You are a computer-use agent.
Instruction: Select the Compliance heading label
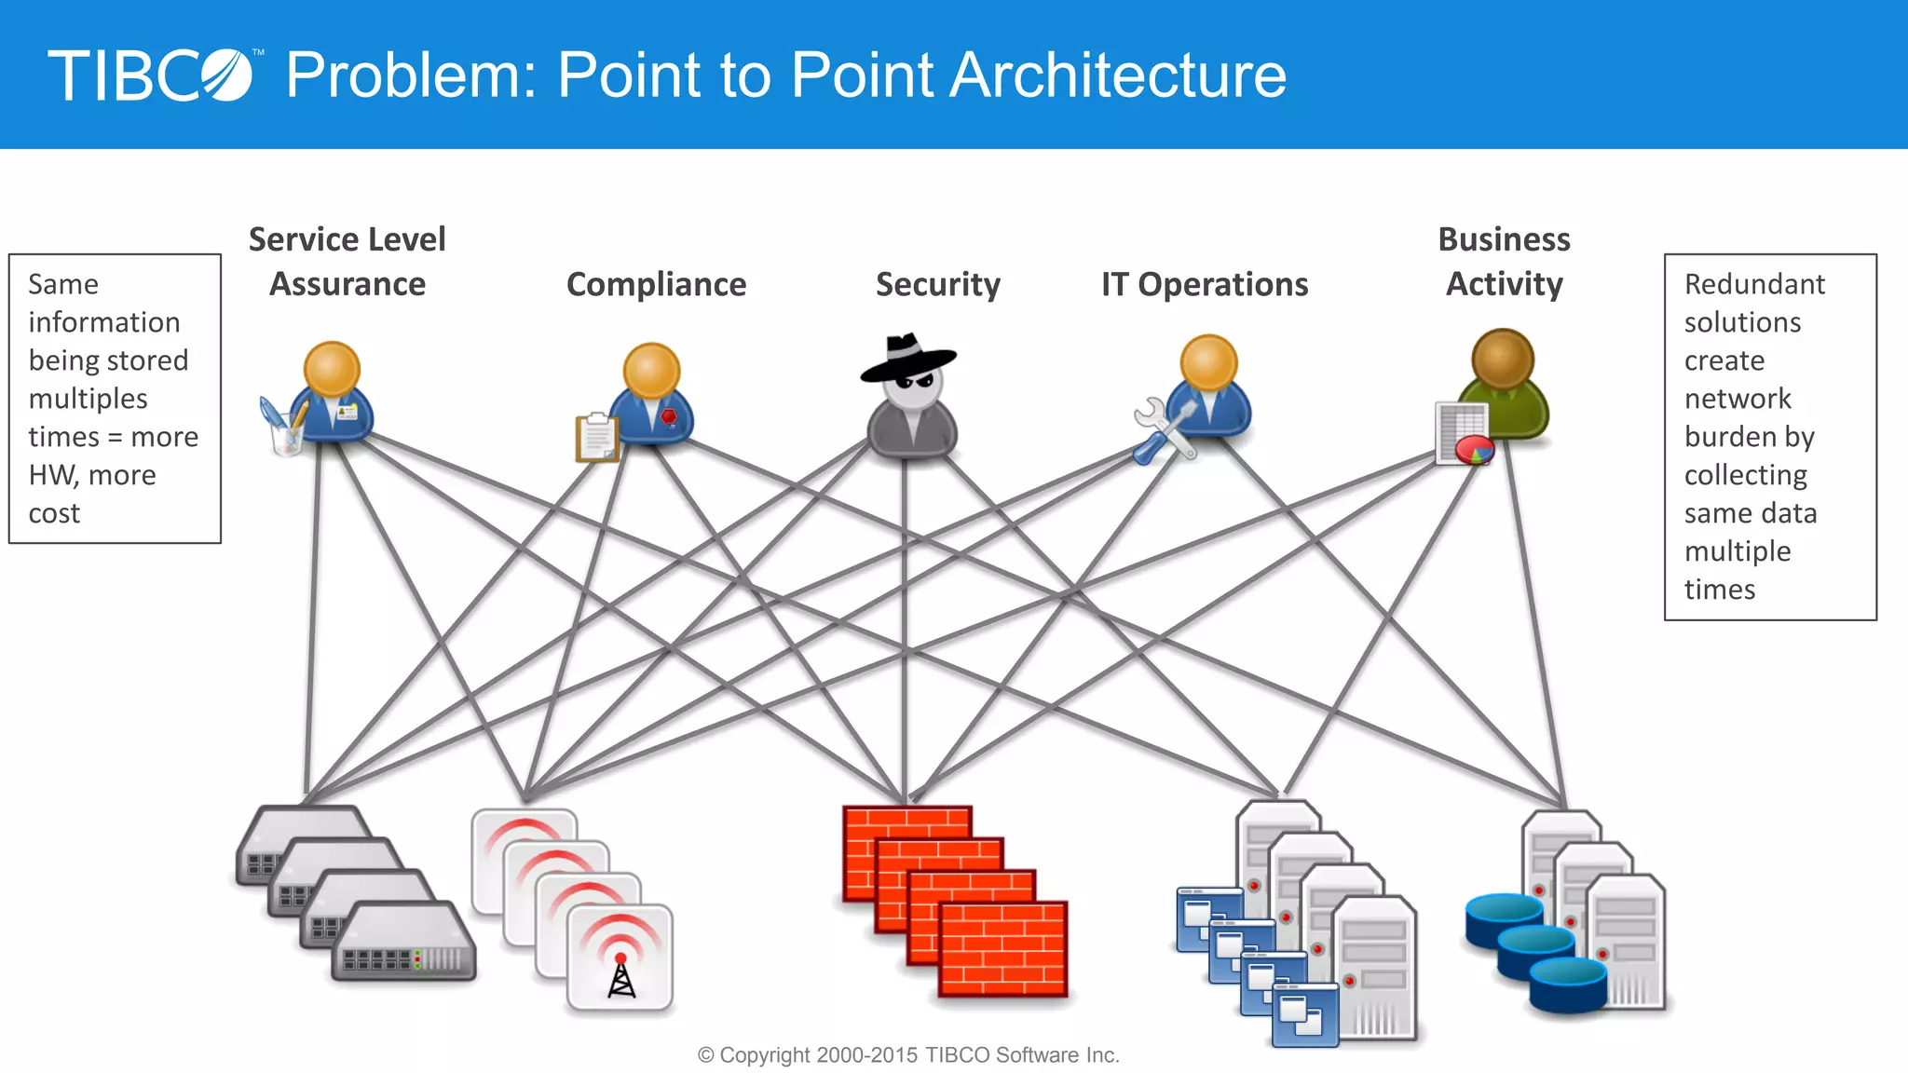coord(656,284)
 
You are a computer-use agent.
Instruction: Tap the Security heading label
coord(937,284)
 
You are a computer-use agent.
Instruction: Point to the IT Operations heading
coord(1204,284)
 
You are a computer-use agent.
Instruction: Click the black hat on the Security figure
coord(908,357)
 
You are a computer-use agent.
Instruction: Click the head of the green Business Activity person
coord(1502,359)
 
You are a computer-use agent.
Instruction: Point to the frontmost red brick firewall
coord(1002,948)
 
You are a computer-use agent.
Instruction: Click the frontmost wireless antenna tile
coord(620,958)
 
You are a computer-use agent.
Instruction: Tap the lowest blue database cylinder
coord(1568,985)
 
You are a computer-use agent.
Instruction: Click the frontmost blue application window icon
coord(1304,1015)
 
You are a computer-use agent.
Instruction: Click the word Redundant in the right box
coord(1753,284)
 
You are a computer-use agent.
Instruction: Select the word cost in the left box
coord(54,513)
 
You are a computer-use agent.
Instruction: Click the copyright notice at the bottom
coord(908,1055)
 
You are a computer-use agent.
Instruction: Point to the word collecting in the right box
coord(1745,475)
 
